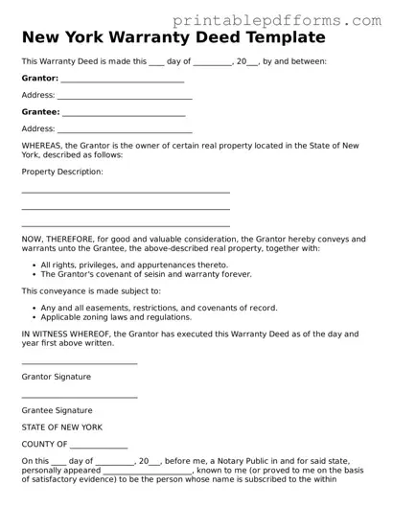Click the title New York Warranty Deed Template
(173, 38)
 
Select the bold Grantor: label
(39, 78)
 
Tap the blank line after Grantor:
(122, 81)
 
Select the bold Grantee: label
(39, 112)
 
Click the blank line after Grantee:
(123, 115)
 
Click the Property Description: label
(61, 172)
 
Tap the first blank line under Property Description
(125, 193)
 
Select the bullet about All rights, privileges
(134, 265)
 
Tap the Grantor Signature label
(57, 377)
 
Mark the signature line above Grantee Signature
(80, 396)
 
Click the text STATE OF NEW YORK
(61, 427)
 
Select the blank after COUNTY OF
(99, 447)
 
